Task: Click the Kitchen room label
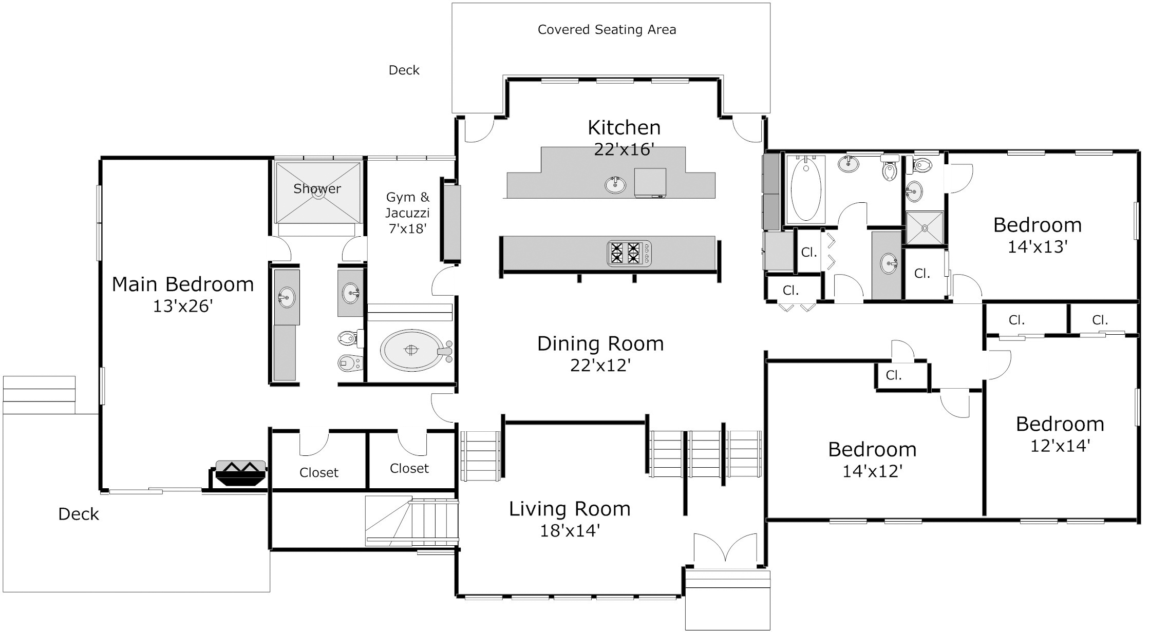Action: pos(624,127)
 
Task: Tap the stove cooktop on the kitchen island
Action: pos(629,253)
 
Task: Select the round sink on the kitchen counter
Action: pos(615,184)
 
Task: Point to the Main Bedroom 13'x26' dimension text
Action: pos(183,307)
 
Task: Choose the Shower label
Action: pos(317,188)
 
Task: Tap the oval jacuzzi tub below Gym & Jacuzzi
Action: pos(411,350)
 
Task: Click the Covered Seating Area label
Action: pos(607,30)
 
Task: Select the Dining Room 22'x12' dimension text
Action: pos(600,366)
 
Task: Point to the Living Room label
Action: pos(570,509)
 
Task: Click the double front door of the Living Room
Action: pos(725,550)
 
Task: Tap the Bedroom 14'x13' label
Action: pos(1038,225)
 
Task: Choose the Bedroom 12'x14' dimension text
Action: pos(1060,446)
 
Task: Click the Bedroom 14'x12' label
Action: pos(872,450)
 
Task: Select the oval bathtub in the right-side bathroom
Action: pos(805,189)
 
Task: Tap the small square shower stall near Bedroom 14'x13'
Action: pos(925,228)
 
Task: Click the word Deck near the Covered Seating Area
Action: pos(404,70)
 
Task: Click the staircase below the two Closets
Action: pos(411,521)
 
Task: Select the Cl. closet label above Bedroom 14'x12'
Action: pos(894,375)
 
